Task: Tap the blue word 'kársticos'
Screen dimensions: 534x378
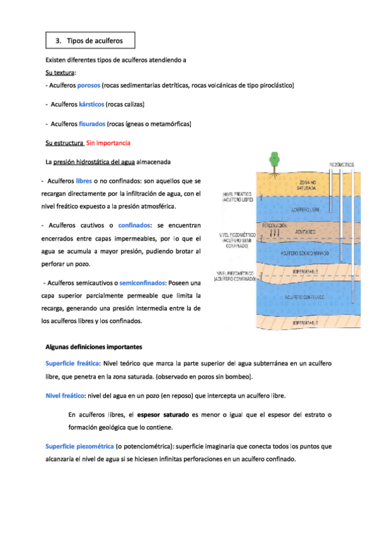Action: point(91,104)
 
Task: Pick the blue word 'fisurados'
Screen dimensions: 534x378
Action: point(92,123)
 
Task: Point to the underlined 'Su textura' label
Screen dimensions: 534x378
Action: point(60,72)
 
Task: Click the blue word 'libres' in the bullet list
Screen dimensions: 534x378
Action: point(84,181)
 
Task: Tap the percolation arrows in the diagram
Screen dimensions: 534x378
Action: point(275,233)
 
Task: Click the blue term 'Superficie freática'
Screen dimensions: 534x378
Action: point(72,363)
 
